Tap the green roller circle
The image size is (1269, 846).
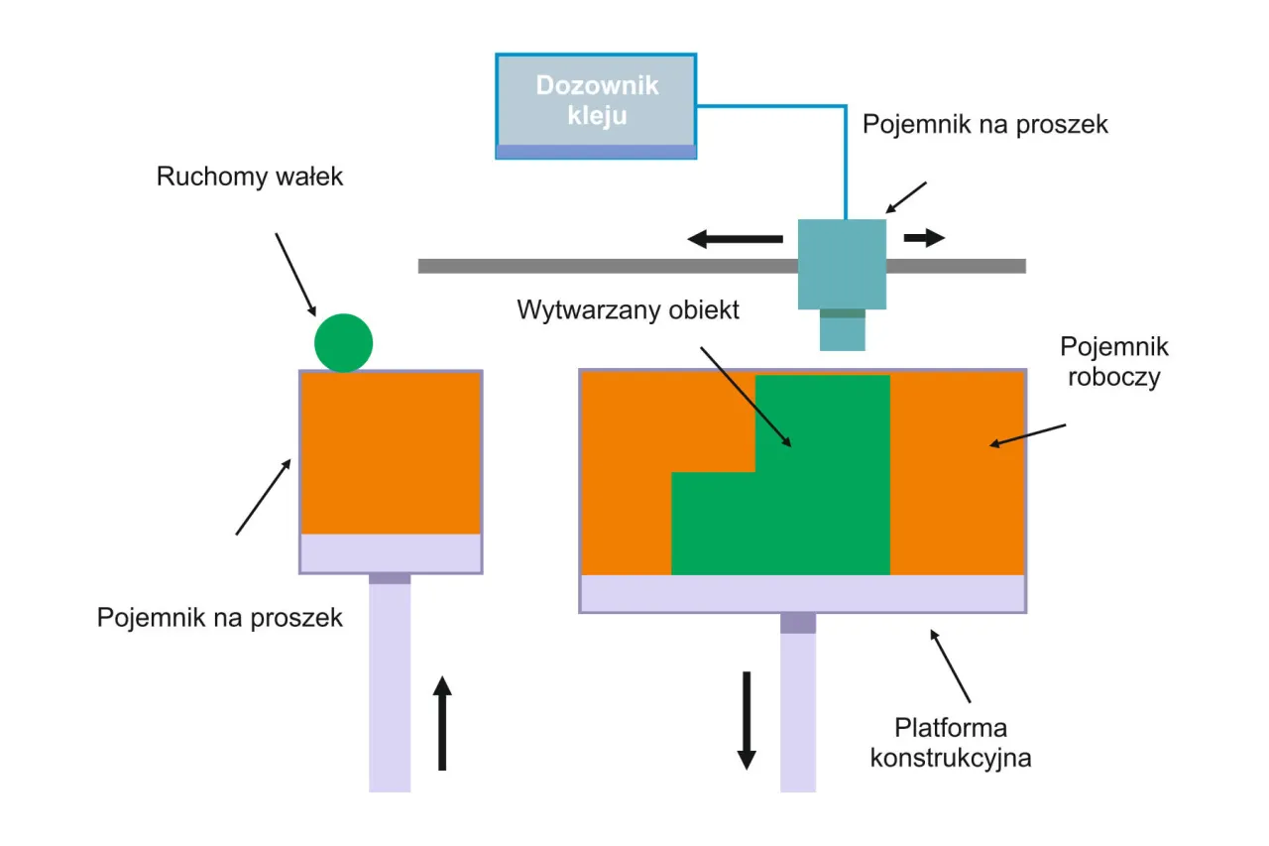click(343, 342)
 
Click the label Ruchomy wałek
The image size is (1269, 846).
click(250, 178)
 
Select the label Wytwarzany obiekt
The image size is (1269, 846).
click(628, 309)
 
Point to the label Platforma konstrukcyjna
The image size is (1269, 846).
click(951, 743)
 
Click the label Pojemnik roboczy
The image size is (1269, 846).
click(1113, 361)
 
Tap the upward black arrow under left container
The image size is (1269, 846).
click(442, 723)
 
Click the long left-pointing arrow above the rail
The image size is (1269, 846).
click(735, 239)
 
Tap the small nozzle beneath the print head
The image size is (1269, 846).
click(842, 330)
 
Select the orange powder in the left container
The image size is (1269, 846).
click(391, 452)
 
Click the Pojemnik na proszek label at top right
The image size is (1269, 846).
click(984, 125)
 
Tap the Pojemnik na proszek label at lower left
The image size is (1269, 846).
click(219, 618)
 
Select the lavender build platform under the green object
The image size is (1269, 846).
click(802, 593)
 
